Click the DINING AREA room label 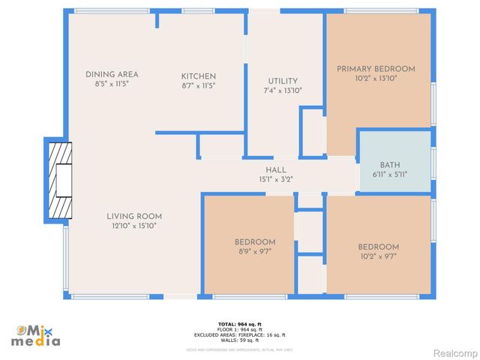point(112,74)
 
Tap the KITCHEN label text point(199,76)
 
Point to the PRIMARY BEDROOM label point(375,69)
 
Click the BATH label point(390,165)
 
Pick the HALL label point(275,170)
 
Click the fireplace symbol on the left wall point(59,179)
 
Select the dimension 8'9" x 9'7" point(254,251)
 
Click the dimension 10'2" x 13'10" point(375,78)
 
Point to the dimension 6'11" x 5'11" point(390,174)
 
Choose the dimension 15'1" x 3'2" point(275,179)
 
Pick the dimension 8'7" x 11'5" point(199,85)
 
